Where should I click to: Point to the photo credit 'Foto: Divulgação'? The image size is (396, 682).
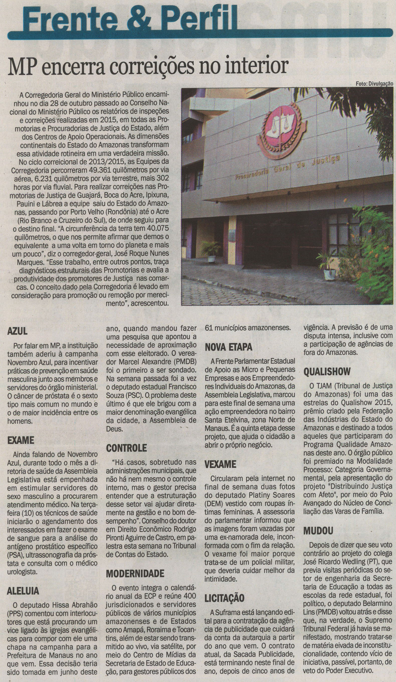(x=374, y=84)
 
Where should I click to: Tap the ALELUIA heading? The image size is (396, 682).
(x=23, y=591)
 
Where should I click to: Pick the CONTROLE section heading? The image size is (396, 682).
(x=126, y=448)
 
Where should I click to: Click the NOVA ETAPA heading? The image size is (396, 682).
(x=228, y=347)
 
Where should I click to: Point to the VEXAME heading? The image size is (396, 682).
(x=220, y=464)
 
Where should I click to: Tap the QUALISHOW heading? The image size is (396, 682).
(x=327, y=372)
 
